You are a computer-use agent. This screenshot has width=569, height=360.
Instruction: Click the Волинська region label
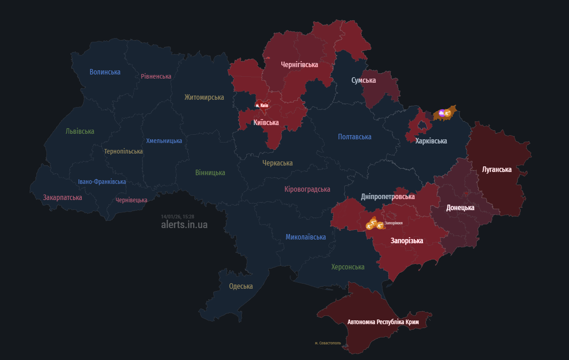point(105,72)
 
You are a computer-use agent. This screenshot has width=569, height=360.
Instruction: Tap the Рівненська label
point(156,76)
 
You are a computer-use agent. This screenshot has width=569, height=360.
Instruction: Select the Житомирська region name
point(204,97)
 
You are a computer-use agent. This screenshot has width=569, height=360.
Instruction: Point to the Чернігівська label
point(299,65)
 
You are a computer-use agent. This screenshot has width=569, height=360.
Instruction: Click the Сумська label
point(364,80)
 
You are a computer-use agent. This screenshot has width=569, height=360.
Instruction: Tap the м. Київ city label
point(262,105)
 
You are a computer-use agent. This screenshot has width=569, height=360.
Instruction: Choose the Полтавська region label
point(354,137)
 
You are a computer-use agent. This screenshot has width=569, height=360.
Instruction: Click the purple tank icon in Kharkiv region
point(442,112)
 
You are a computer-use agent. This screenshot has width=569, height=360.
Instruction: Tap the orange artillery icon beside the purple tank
point(447,113)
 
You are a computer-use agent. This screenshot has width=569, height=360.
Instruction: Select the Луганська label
point(496,170)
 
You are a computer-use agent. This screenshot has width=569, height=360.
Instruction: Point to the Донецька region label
point(460,208)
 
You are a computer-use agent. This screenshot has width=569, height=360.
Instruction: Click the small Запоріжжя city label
point(393,223)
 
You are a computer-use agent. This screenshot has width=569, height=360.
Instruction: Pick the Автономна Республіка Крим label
point(383,322)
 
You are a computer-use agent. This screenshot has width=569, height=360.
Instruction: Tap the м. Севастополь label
point(328,343)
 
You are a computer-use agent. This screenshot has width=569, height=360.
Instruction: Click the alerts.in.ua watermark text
point(184,225)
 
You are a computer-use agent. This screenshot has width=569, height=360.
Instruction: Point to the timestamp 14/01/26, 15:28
point(177,217)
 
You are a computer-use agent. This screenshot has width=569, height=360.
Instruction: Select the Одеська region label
point(241,286)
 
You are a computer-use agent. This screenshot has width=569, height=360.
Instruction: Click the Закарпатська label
point(63,197)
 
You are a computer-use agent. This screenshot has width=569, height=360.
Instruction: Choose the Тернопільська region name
point(123,151)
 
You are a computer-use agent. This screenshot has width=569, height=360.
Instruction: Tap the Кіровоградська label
point(307,189)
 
